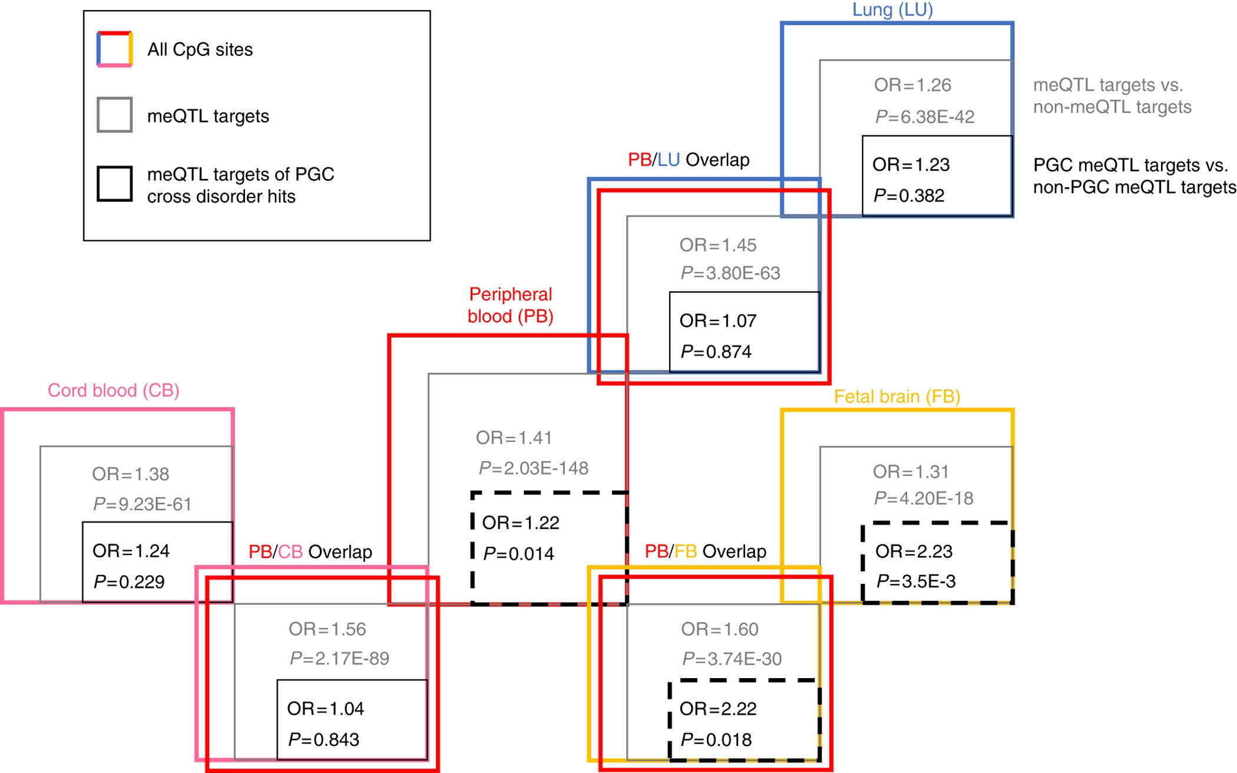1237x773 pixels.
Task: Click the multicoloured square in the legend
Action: tap(114, 49)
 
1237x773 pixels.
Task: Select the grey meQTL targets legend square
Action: tap(114, 115)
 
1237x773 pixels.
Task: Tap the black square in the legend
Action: tap(114, 184)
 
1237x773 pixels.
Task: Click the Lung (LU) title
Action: tap(892, 9)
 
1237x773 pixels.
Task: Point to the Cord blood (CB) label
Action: tap(113, 390)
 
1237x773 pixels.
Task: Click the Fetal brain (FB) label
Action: tap(897, 397)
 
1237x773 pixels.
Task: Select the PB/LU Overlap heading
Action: tap(689, 160)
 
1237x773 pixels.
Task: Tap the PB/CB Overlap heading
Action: tap(310, 552)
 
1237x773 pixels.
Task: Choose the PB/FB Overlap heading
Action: tap(705, 551)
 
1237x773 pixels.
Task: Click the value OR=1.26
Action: tap(912, 85)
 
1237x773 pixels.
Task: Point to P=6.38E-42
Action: tap(924, 117)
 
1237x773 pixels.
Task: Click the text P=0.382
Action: tap(908, 195)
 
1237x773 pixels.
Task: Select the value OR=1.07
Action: tap(717, 321)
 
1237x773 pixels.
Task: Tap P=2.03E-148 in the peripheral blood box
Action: tap(533, 468)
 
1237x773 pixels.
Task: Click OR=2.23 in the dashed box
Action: tap(914, 551)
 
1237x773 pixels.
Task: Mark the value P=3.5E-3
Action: tap(915, 581)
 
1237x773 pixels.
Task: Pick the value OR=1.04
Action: tap(325, 708)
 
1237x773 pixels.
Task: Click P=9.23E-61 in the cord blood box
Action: tap(142, 504)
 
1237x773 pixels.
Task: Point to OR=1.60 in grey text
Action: tap(719, 629)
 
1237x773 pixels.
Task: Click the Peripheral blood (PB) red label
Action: tap(510, 305)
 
